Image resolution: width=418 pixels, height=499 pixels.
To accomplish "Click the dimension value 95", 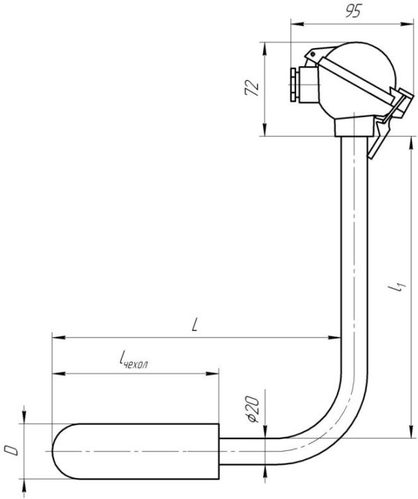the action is coord(353,11).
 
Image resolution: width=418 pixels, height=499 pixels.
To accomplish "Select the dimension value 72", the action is coord(252,88).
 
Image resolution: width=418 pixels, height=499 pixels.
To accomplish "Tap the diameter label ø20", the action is coord(253,410).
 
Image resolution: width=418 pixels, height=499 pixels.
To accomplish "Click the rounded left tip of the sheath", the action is coord(53,452).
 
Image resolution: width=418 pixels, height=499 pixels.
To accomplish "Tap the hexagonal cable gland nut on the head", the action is coord(293,84).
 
